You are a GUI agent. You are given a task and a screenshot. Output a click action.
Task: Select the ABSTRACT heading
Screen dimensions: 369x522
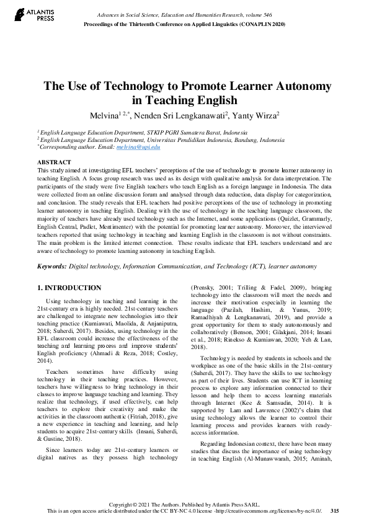54,162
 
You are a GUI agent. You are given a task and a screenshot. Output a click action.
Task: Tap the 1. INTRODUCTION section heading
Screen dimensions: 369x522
69,288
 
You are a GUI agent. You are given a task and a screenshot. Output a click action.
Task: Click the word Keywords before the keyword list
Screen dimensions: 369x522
52,266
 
